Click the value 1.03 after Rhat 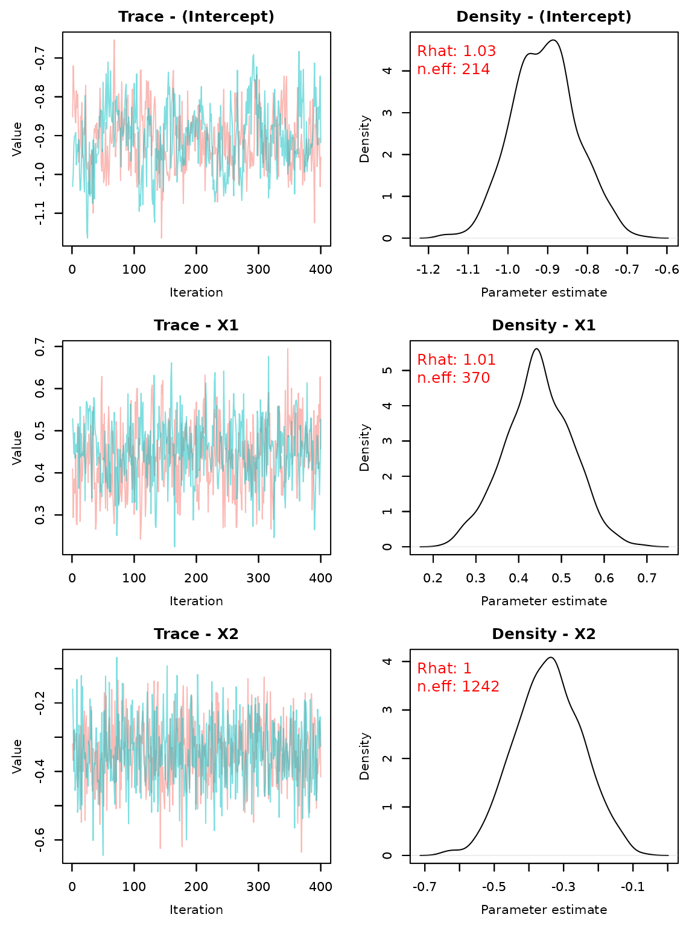[x=479, y=52]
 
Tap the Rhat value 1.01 [x=479, y=361]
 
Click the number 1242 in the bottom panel [x=480, y=687]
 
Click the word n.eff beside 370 [x=436, y=379]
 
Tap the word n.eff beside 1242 [x=436, y=687]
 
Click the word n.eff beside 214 [x=436, y=70]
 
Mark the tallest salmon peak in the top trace [x=114, y=41]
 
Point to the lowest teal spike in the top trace [x=87, y=236]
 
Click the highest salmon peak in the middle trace [x=288, y=350]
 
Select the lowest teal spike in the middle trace [x=175, y=545]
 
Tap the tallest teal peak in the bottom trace [x=116, y=658]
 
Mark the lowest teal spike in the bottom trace [x=103, y=854]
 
